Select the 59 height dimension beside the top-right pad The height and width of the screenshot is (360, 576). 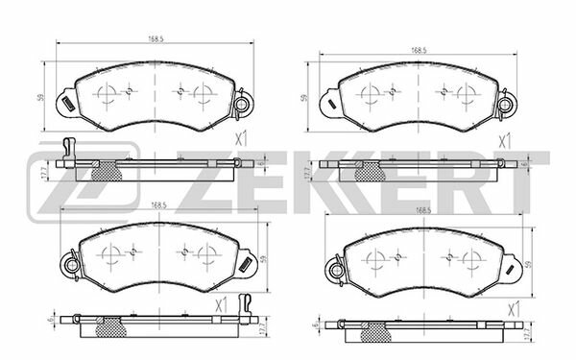point(304,97)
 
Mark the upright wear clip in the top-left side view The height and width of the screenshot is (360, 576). point(66,147)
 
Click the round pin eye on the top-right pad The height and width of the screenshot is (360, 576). point(507,108)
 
